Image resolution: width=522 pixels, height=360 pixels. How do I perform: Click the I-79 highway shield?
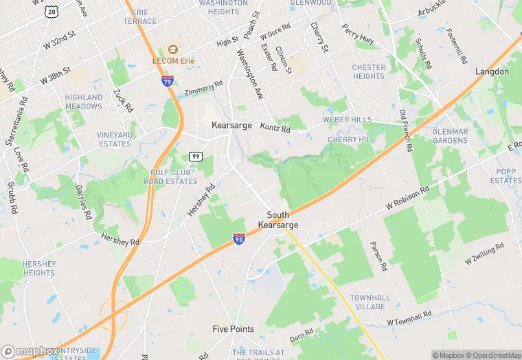(167, 81)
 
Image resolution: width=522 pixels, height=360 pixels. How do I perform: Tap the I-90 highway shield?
(238, 239)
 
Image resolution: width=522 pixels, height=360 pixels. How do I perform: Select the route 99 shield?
(196, 157)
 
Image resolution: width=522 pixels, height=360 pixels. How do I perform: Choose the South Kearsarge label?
(278, 220)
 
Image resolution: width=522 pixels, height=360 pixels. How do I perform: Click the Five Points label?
(233, 329)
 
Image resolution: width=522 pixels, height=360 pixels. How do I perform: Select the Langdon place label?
(492, 71)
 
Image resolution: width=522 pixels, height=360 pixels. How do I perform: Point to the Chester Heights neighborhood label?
(369, 71)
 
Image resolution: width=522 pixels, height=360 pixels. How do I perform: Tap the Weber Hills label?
(352, 120)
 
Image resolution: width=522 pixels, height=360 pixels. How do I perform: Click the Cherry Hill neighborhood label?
(351, 139)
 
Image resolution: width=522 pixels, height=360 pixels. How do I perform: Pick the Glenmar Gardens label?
(450, 136)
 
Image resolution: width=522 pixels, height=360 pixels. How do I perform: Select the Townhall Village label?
(370, 302)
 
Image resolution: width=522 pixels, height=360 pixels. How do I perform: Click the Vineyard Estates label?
(114, 139)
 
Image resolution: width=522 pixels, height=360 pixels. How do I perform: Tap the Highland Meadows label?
(84, 102)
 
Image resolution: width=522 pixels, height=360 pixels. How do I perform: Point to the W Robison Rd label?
(407, 198)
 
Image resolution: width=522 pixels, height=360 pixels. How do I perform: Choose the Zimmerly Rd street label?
(204, 89)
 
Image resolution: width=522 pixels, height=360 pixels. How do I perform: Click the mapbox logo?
(31, 351)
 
